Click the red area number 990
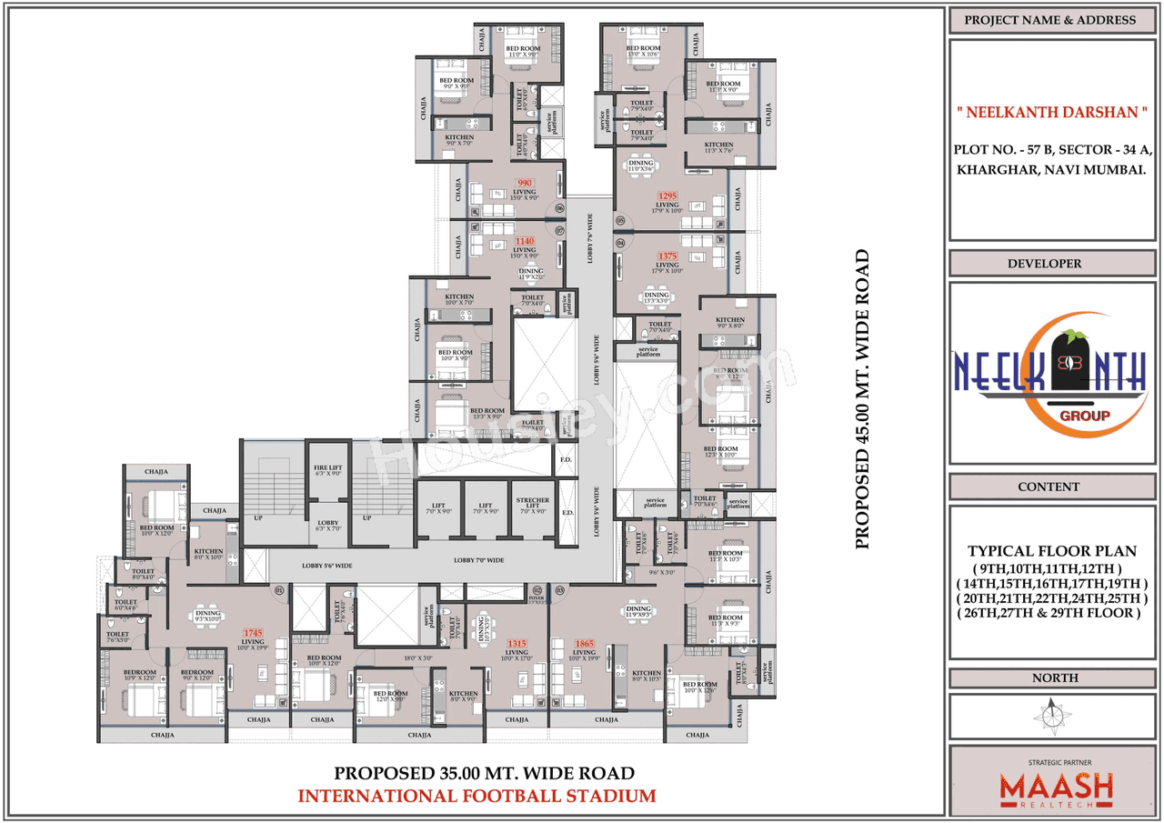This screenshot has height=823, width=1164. pyautogui.click(x=524, y=183)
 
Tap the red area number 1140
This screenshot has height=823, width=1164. pyautogui.click(x=525, y=241)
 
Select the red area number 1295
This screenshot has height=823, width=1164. pyautogui.click(x=668, y=196)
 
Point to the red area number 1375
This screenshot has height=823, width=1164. pyautogui.click(x=668, y=256)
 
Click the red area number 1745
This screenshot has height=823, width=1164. pyautogui.click(x=252, y=632)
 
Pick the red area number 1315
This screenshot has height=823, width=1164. pyautogui.click(x=517, y=643)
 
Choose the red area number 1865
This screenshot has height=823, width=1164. pyautogui.click(x=584, y=643)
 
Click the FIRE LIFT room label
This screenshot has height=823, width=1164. pyautogui.click(x=326, y=469)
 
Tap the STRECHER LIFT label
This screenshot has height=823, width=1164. pyautogui.click(x=532, y=506)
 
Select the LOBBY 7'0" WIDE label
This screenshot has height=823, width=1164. pyautogui.click(x=478, y=560)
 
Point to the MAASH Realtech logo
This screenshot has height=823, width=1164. pyautogui.click(x=1056, y=783)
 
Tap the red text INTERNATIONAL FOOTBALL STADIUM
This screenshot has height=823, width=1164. pyautogui.click(x=477, y=796)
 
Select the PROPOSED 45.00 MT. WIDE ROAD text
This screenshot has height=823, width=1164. pyautogui.click(x=862, y=399)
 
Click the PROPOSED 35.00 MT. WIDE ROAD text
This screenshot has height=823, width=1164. pyautogui.click(x=484, y=774)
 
